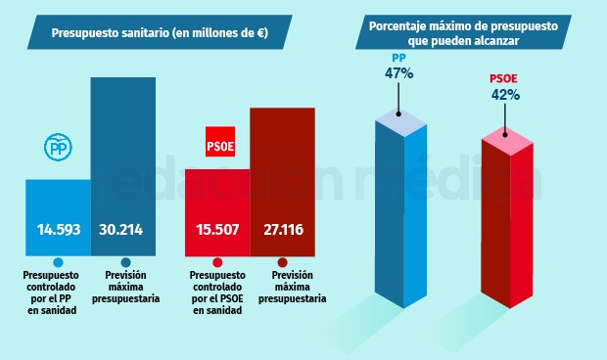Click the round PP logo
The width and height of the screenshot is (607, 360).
pyautogui.click(x=58, y=147)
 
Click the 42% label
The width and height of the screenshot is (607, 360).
pyautogui.click(x=505, y=96)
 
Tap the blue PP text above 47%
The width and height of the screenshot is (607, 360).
pyautogui.click(x=399, y=58)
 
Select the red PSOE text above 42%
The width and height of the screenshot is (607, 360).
pyautogui.click(x=504, y=80)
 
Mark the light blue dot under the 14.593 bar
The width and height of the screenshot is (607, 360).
pyautogui.click(x=58, y=262)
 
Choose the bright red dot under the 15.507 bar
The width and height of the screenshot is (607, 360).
pyautogui.click(x=217, y=262)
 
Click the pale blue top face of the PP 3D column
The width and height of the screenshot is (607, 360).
pyautogui.click(x=401, y=121)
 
